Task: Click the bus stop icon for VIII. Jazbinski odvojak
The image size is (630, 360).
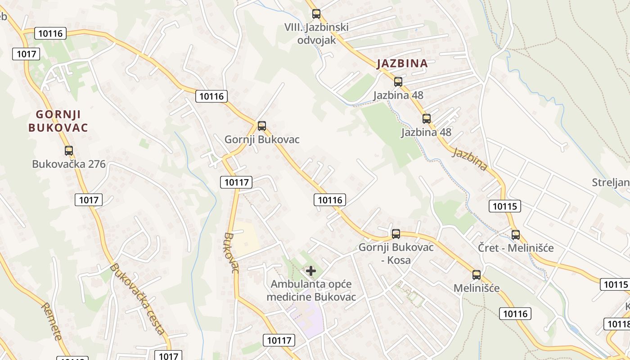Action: point(316,14)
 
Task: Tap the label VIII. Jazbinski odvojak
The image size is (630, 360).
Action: point(316,34)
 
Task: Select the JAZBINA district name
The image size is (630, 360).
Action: point(402,63)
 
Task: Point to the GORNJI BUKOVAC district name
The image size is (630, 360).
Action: point(58,121)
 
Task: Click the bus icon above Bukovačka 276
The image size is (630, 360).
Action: point(69,151)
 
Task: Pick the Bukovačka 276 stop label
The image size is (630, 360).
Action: point(69,164)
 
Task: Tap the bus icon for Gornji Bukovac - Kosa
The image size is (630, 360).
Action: point(396,234)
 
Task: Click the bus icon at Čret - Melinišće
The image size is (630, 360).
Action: point(516,235)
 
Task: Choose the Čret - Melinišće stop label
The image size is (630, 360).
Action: point(516,248)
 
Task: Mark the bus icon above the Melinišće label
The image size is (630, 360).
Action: point(477,275)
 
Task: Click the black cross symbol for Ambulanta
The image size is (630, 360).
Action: point(311,271)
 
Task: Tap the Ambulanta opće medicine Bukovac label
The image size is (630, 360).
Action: point(311,291)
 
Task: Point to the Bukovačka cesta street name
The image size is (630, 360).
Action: point(138,299)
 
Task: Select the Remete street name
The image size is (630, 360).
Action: point(52,321)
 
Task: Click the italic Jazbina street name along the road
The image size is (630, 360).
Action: point(470,159)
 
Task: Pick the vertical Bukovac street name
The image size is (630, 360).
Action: point(230,253)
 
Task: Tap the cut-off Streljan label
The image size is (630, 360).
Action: point(611,182)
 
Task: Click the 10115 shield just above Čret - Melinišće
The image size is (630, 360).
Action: point(504,206)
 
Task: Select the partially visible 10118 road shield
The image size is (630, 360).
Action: point(617,324)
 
